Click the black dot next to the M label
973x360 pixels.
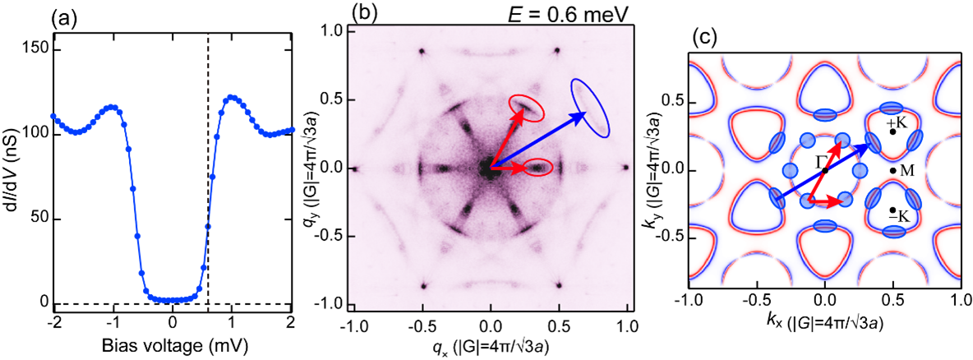(892, 170)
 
